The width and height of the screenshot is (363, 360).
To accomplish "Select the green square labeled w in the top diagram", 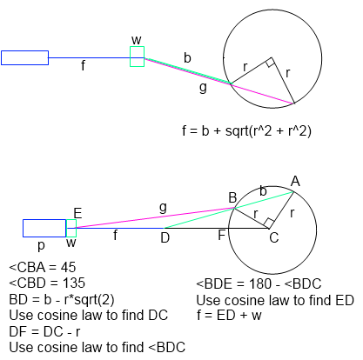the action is pos(137,47).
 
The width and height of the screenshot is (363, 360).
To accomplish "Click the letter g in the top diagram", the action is pos(203,87).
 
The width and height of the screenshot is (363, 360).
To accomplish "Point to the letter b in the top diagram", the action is pos(187,57).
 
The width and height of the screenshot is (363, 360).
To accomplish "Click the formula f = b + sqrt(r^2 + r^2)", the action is pos(246,131).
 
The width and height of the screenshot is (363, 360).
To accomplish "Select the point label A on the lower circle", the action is pos(295,182).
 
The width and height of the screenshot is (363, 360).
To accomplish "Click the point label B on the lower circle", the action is pos(232,198).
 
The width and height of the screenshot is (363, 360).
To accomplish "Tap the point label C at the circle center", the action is pos(274,237).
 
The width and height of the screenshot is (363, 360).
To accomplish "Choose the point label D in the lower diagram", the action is pos(165,237).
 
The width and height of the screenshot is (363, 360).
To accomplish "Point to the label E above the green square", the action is pos(77,214).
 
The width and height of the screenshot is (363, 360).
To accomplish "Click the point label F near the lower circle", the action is pos(221,235).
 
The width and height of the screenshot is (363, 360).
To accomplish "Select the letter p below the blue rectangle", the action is pos(41,246).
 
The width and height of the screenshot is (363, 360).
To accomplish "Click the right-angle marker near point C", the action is pos(268,223).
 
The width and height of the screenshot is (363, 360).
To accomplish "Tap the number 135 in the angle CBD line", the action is pos(74,283).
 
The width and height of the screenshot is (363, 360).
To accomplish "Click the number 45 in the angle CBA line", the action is pos(68,267).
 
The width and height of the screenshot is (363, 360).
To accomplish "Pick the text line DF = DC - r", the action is pos(44,331).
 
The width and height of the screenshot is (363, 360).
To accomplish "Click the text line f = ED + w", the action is pos(229,315).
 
